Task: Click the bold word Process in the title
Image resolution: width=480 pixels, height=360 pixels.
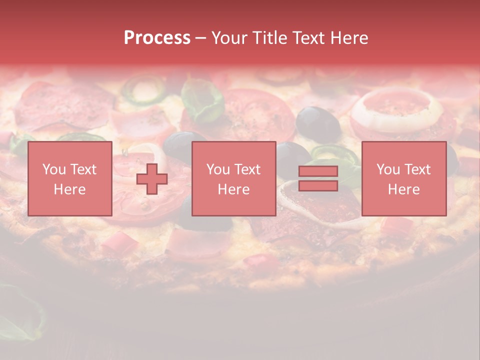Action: pos(157,38)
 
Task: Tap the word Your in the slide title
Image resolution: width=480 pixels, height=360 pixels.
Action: pos(230,38)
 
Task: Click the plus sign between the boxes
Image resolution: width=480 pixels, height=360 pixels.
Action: pos(152,179)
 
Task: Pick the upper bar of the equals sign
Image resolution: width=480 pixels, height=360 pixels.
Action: pos(318,171)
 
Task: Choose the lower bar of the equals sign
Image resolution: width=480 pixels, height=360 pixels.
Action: pos(318,185)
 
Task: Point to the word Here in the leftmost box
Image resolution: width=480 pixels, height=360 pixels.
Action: pos(69,189)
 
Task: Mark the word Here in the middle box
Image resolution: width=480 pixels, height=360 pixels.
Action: pos(233,189)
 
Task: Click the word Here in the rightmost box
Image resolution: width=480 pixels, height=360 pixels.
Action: pos(403,189)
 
